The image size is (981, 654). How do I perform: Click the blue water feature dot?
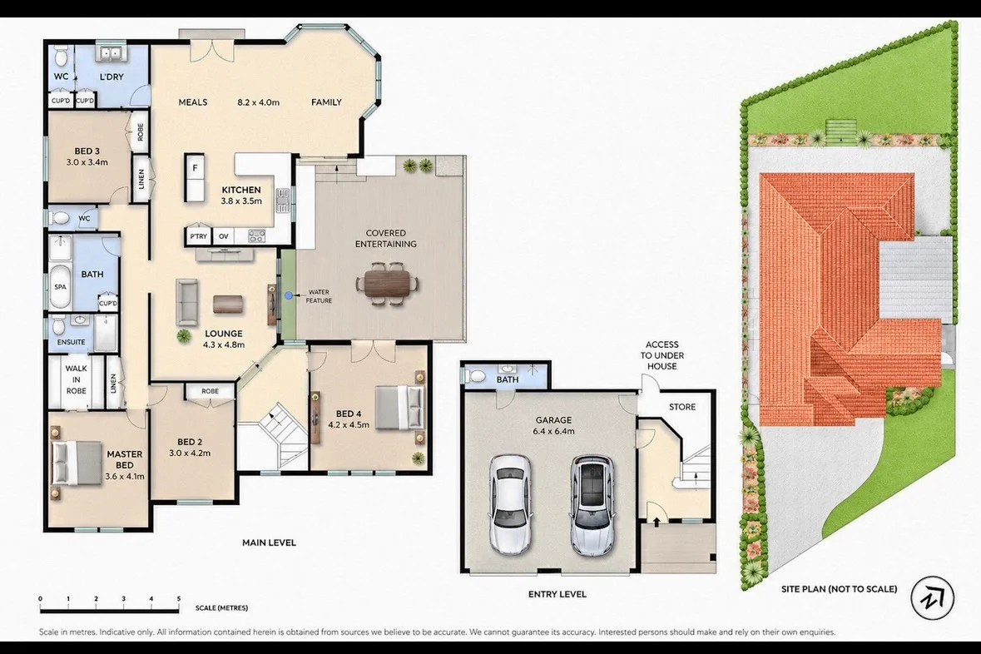[289, 295]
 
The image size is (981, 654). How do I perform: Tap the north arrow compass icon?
[932, 597]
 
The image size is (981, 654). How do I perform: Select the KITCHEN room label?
[240, 190]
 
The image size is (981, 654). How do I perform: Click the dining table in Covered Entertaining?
[389, 284]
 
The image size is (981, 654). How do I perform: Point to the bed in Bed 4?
[399, 408]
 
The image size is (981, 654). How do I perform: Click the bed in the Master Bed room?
[77, 462]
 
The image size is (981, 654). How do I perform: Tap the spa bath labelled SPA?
[60, 286]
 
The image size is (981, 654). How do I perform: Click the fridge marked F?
[195, 177]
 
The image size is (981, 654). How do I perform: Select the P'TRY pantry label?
[198, 236]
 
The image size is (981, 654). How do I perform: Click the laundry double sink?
[111, 53]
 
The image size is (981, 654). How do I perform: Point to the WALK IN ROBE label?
[77, 379]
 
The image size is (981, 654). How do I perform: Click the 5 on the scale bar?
[179, 599]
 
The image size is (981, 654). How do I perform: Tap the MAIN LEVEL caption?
[269, 543]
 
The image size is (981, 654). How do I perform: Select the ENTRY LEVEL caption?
[557, 594]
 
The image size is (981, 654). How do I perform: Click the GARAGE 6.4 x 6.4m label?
[553, 425]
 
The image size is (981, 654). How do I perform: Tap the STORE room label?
[682, 407]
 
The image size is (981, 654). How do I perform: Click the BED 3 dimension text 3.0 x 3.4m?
[87, 162]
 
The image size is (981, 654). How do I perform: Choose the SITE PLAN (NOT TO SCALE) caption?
[839, 589]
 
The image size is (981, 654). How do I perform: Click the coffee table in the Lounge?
[228, 305]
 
